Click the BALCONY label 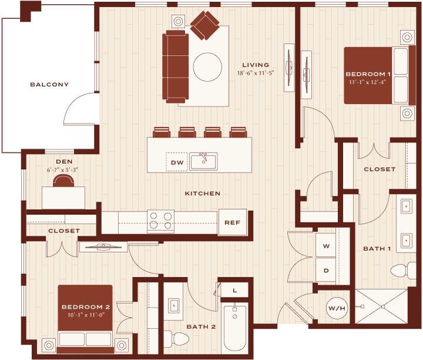(49, 85)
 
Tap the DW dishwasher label (177, 163)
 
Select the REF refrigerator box (233, 222)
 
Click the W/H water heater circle (337, 308)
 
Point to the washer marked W (326, 245)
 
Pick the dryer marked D (326, 270)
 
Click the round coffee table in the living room (207, 67)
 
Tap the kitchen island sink (203, 162)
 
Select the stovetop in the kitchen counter (160, 221)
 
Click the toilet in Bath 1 (403, 271)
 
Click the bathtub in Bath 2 (234, 328)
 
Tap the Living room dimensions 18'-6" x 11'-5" (256, 73)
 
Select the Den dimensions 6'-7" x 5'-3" (63, 170)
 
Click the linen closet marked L (234, 290)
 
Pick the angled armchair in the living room (205, 25)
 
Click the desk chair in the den (63, 181)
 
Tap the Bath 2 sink (174, 306)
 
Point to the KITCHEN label (203, 193)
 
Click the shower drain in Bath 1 (383, 307)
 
